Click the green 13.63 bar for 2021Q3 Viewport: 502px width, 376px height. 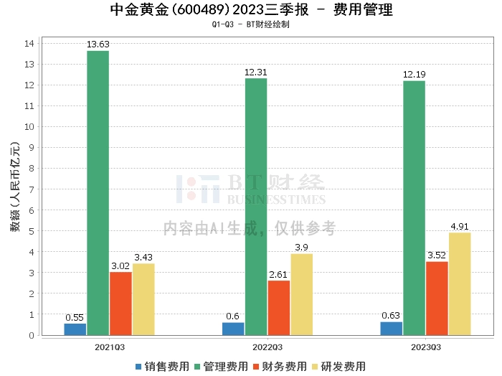pyautogui.click(x=98, y=192)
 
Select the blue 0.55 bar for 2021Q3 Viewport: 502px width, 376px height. pyautogui.click(x=75, y=329)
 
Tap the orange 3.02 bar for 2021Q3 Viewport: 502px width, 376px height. pyautogui.click(x=120, y=304)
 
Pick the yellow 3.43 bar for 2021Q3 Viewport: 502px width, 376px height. pyautogui.click(x=143, y=299)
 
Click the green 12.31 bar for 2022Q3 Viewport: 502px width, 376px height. pyautogui.click(x=256, y=207)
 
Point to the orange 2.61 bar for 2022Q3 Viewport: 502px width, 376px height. pyautogui.click(x=279, y=308)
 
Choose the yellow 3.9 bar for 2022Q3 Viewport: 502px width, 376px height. pyautogui.click(x=301, y=294)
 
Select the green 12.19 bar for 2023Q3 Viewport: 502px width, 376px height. pyautogui.click(x=414, y=207)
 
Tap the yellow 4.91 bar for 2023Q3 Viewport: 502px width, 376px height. pyautogui.click(x=460, y=283)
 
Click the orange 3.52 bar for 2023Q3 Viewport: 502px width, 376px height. pyautogui.click(x=437, y=298)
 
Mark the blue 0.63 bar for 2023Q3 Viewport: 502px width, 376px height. pyautogui.click(x=392, y=329)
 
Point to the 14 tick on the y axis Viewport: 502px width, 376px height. pyautogui.click(x=30, y=44)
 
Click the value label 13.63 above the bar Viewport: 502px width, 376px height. pyautogui.click(x=98, y=44)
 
